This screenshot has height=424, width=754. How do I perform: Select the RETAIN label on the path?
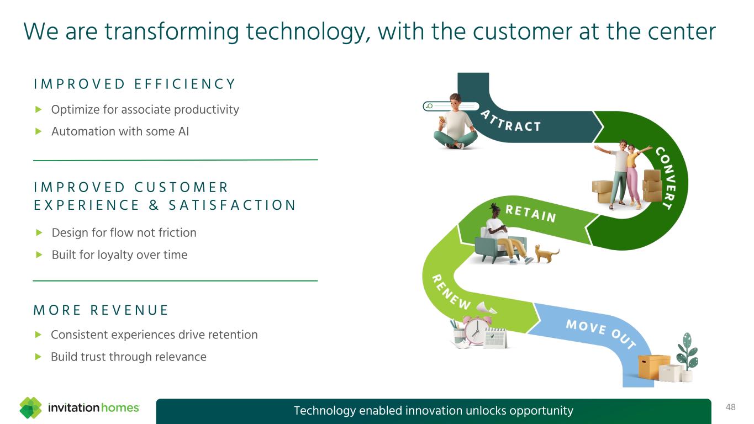[x=531, y=214]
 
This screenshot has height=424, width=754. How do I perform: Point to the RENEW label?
[x=451, y=292]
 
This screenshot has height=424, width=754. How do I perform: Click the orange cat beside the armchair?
[x=547, y=253]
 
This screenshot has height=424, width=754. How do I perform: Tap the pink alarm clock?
[x=476, y=331]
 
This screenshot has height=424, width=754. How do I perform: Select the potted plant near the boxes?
[x=687, y=357]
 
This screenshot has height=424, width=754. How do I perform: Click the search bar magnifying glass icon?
[x=430, y=107]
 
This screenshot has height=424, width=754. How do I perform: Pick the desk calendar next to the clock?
[x=495, y=338]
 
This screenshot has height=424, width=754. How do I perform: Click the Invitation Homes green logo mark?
[x=30, y=407]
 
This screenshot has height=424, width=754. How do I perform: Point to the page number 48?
[x=730, y=407]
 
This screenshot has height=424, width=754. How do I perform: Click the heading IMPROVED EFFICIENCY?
[x=135, y=84]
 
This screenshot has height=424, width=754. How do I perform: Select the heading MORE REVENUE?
[x=101, y=310]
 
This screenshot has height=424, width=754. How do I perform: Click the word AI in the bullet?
[x=184, y=131]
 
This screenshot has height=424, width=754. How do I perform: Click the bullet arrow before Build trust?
[x=38, y=356]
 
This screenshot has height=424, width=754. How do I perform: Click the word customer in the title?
[x=523, y=32]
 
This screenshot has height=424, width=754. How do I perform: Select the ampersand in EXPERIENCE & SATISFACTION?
[x=154, y=205]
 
